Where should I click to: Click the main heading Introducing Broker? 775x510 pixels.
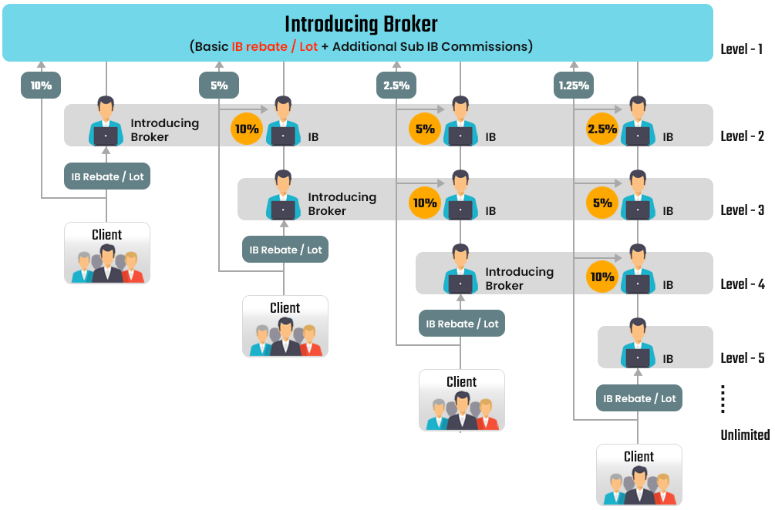click(x=361, y=24)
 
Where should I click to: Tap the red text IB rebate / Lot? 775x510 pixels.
click(x=275, y=46)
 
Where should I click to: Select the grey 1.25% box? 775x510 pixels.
click(x=574, y=86)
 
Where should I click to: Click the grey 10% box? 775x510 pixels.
click(x=41, y=86)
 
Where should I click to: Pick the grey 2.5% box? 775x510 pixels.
click(x=396, y=86)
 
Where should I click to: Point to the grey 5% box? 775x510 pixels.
click(x=219, y=86)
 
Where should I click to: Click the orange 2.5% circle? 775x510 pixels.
click(x=602, y=129)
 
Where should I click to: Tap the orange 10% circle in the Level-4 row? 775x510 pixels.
click(x=602, y=277)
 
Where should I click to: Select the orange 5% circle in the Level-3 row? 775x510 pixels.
click(x=602, y=203)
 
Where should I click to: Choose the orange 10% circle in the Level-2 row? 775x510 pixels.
click(x=247, y=129)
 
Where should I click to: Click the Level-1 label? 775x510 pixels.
click(x=742, y=49)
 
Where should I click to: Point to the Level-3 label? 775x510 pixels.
click(x=743, y=210)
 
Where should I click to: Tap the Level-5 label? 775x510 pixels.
click(x=743, y=358)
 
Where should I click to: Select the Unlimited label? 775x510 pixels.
click(x=745, y=435)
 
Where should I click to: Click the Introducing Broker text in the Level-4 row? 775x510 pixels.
click(x=519, y=279)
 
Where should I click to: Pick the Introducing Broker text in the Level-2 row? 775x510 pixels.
click(x=164, y=129)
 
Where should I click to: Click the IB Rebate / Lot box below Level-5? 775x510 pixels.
click(x=639, y=398)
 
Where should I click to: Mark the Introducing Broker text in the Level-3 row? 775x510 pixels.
click(x=342, y=204)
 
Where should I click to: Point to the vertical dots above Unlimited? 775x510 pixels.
click(x=723, y=399)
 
